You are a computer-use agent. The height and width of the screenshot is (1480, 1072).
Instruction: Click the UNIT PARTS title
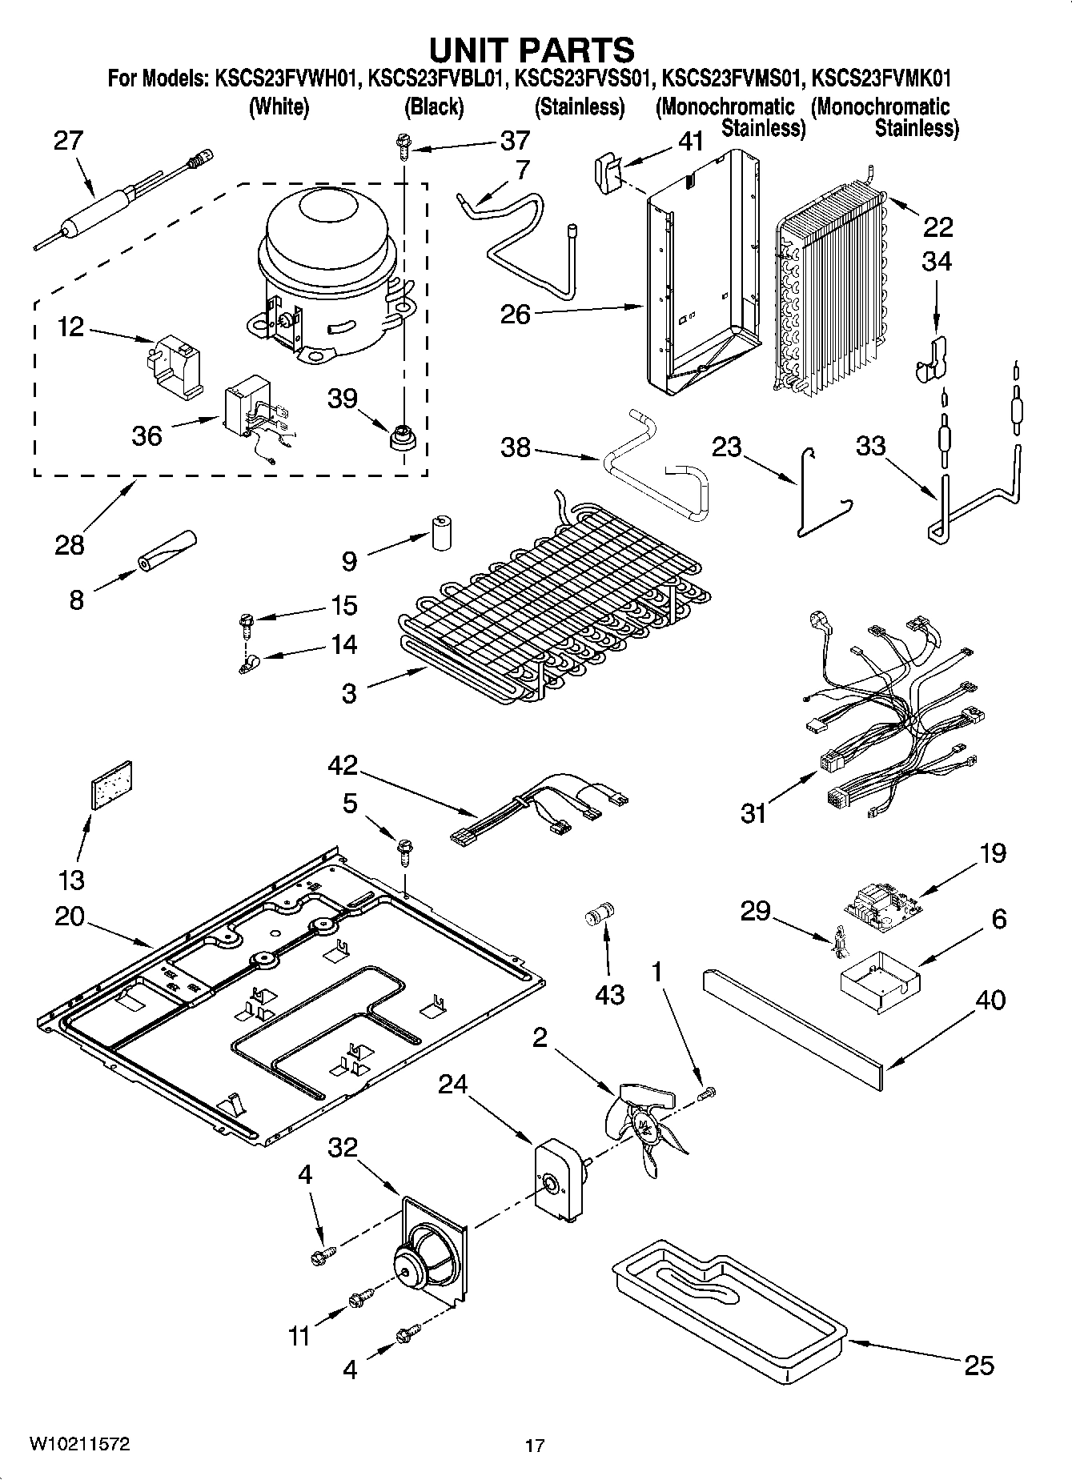pos(532,50)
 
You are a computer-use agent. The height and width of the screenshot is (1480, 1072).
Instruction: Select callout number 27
pos(68,141)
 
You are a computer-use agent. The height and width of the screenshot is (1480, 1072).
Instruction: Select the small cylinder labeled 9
pos(440,531)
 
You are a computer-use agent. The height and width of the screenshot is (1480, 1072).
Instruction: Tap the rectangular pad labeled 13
pos(112,785)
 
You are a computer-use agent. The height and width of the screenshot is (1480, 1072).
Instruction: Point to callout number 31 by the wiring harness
pos(753,814)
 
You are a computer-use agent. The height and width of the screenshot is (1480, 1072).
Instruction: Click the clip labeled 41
pos(608,171)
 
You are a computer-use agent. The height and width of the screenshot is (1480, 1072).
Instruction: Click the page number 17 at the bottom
pos(535,1446)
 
